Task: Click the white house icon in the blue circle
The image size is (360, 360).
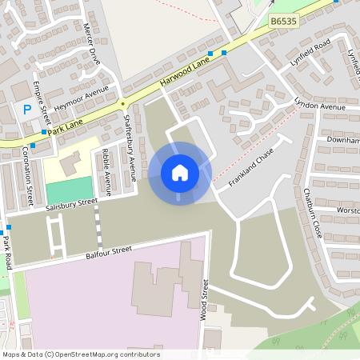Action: click(x=179, y=172)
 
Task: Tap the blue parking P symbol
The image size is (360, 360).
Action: click(x=26, y=110)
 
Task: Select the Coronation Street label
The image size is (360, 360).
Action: click(x=28, y=174)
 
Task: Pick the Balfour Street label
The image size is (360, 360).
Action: click(x=108, y=253)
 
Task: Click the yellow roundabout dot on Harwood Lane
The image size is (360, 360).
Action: click(x=123, y=102)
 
